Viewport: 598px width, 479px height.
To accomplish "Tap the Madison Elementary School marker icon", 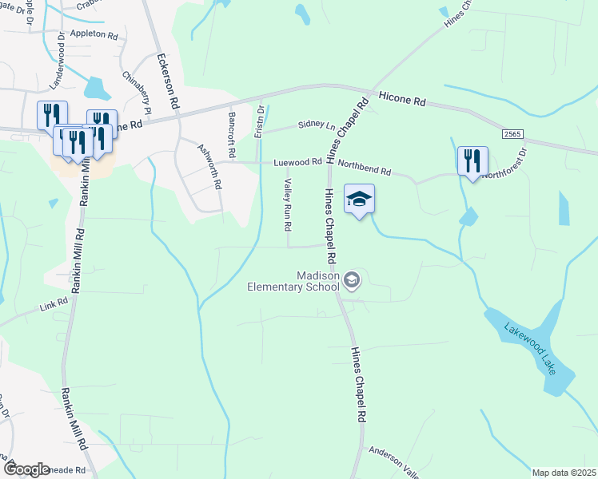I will (x=353, y=280).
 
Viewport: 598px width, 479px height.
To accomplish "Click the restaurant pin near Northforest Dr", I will (x=472, y=161).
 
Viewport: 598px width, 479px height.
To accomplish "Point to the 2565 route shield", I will (x=513, y=136).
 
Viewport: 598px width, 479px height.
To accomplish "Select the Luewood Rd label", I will (x=297, y=162).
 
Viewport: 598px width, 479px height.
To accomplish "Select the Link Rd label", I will (x=54, y=307).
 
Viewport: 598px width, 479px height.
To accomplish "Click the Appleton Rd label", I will (x=94, y=35).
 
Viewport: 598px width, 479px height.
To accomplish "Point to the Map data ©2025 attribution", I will (x=564, y=473).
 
